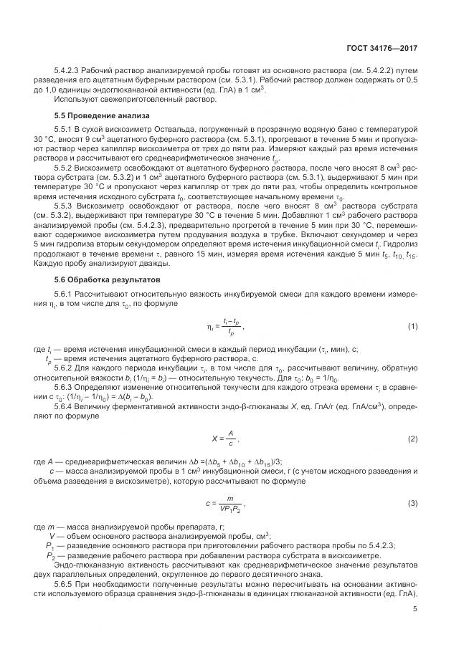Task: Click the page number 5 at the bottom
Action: click(x=415, y=610)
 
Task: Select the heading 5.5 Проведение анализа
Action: click(x=103, y=114)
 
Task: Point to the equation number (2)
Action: click(x=412, y=438)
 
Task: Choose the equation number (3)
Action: click(x=412, y=504)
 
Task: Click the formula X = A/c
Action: click(x=221, y=438)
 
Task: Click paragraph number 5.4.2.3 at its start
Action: click(x=67, y=70)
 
